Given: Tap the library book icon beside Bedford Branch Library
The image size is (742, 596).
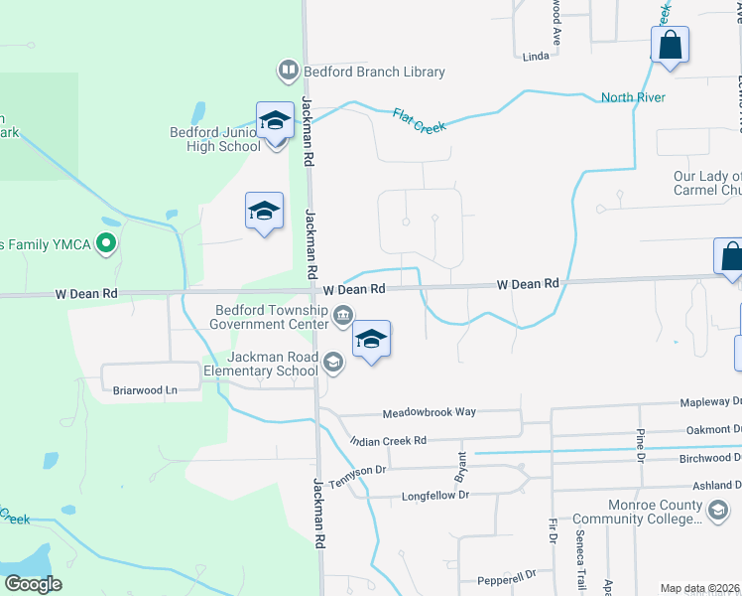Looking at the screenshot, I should pyautogui.click(x=288, y=71).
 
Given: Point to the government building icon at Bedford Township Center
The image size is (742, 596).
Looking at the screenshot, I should pyautogui.click(x=343, y=317).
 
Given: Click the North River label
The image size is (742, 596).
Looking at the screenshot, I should pyautogui.click(x=633, y=97).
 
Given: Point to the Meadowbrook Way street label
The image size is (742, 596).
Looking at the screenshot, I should pyautogui.click(x=422, y=412).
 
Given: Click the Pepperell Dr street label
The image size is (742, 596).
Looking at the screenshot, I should pyautogui.click(x=506, y=574).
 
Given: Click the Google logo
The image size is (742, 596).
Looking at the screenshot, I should pyautogui.click(x=33, y=583).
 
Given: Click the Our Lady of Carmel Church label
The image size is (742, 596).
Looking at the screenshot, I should pyautogui.click(x=707, y=183).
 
